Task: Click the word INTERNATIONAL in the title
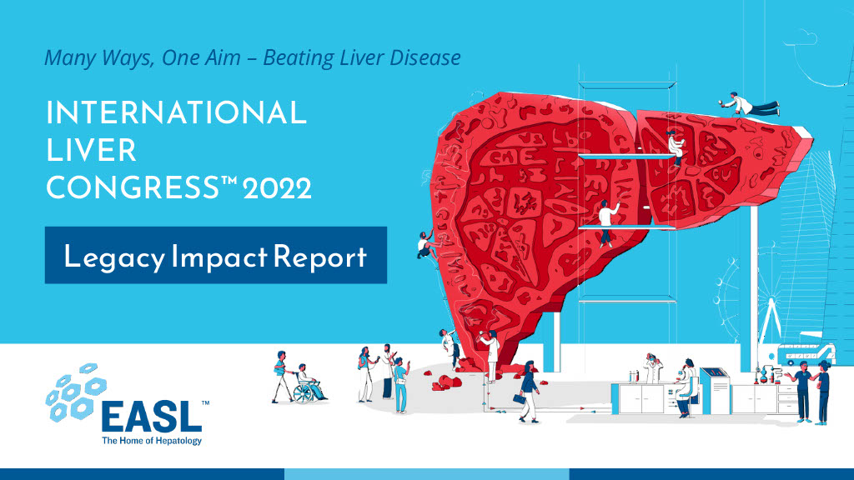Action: (177, 112)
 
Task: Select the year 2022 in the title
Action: (277, 188)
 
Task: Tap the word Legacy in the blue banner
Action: (114, 257)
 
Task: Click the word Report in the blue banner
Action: (319, 257)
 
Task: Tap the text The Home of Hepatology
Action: (152, 440)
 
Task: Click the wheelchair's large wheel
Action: (303, 393)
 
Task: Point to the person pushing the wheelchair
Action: (282, 376)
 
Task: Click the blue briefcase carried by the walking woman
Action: (520, 399)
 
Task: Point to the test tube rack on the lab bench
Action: (634, 376)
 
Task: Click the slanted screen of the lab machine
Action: (714, 373)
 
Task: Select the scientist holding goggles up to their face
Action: (652, 367)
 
